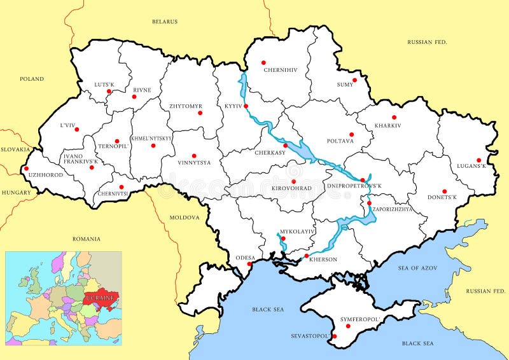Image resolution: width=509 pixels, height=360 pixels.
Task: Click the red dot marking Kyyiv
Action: click(246, 106)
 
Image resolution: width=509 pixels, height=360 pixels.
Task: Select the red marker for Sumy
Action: click(355, 80)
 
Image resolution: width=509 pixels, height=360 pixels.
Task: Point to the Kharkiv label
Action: click(388, 125)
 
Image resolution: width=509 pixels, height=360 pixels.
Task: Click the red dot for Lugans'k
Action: click(478, 160)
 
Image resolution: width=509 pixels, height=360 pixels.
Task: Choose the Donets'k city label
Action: click(442, 197)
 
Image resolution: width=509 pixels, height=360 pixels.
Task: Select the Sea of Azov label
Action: click(417, 268)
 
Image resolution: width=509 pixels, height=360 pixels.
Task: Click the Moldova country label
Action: click(185, 218)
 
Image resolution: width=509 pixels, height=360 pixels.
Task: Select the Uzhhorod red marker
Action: click(26, 169)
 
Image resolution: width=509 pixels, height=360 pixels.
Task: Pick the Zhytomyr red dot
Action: click(200, 113)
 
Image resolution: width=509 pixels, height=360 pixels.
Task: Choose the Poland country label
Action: click(31, 79)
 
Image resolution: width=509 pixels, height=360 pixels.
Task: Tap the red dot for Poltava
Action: click(351, 134)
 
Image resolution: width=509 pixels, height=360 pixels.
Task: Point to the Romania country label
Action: click(86, 239)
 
